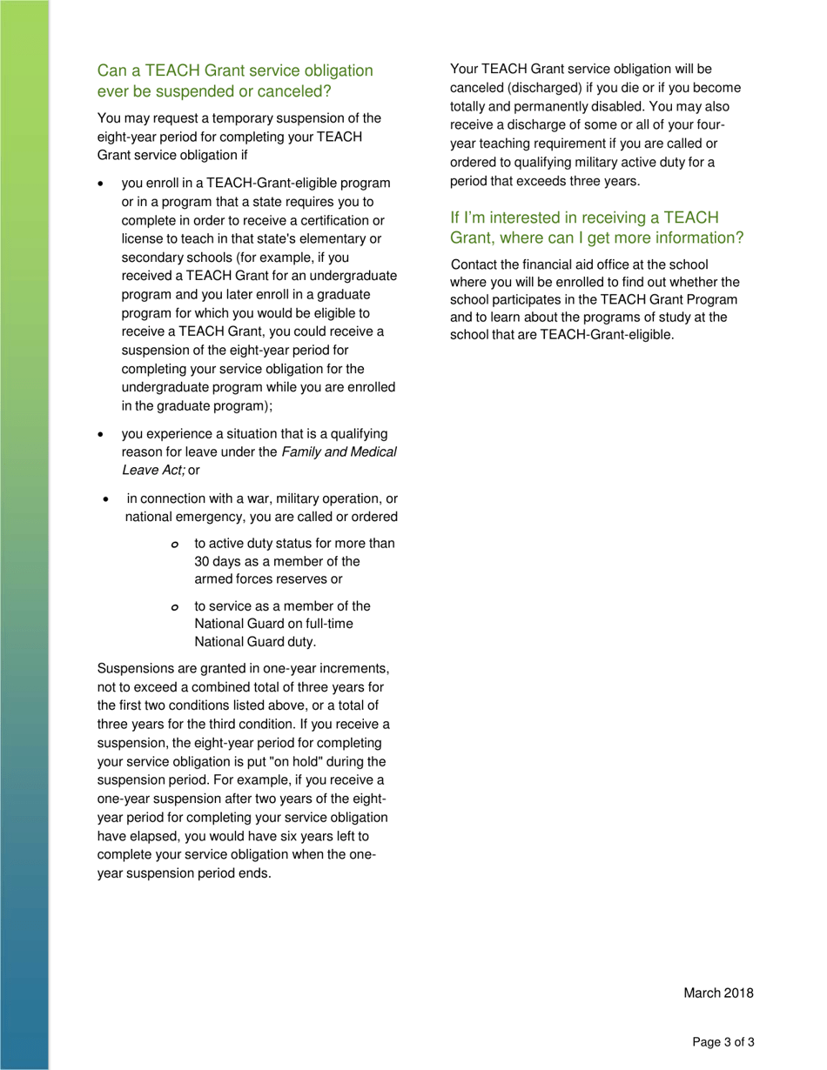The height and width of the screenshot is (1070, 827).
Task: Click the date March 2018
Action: pos(718,993)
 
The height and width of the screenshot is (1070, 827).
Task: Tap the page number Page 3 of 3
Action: pos(723,1041)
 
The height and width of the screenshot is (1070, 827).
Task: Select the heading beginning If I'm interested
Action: pos(596,226)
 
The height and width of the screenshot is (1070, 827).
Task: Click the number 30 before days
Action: pos(202,561)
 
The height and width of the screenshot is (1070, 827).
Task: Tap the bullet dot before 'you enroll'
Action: pos(103,184)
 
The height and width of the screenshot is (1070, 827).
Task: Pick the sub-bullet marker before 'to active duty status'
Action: pos(174,545)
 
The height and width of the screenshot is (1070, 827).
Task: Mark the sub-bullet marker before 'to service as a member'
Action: pos(174,607)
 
